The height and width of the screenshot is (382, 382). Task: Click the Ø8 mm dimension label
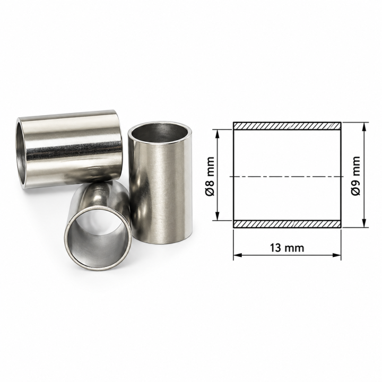[210, 176]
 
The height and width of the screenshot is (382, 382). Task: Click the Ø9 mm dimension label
[355, 176]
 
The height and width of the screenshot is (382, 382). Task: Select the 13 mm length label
[287, 248]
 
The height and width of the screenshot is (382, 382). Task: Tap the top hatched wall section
[287, 126]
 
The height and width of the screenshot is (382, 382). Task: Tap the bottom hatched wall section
[287, 224]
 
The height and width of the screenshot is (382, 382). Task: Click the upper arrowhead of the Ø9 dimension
[364, 127]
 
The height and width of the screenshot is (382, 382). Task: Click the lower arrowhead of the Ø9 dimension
[364, 223]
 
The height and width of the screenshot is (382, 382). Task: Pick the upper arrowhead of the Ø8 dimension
[218, 134]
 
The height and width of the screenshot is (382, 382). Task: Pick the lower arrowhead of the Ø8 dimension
[218, 216]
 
